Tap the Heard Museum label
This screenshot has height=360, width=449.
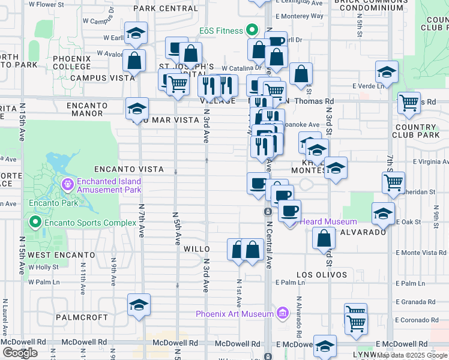pyautogui.click(x=328, y=222)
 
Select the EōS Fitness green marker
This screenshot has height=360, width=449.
pyautogui.click(x=252, y=31)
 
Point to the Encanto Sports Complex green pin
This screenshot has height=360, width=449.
pyautogui.click(x=35, y=223)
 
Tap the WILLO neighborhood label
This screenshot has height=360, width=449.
pyautogui.click(x=196, y=249)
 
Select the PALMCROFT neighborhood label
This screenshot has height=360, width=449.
pyautogui.click(x=81, y=317)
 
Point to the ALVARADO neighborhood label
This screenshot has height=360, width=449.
pyautogui.click(x=363, y=232)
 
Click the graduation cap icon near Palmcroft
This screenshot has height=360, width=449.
pyautogui.click(x=139, y=305)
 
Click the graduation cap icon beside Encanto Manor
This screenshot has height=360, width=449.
pyautogui.click(x=137, y=109)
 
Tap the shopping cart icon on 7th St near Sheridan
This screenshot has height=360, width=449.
pyautogui.click(x=393, y=182)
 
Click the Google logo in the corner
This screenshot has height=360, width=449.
pyautogui.click(x=20, y=353)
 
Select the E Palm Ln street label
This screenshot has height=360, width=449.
pyautogui.click(x=287, y=283)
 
